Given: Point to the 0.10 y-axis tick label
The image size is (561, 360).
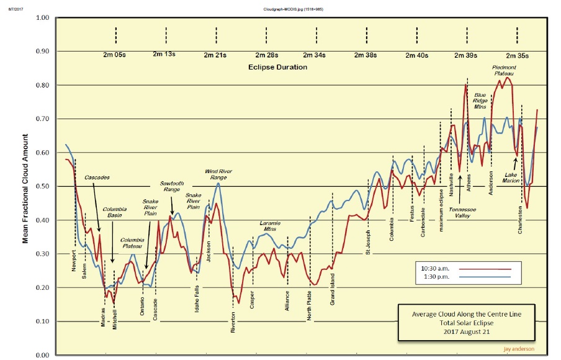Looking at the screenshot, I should (x=42, y=322).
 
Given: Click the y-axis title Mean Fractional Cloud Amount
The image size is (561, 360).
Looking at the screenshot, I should (x=25, y=186).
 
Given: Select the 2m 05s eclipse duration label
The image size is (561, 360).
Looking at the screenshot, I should (x=115, y=55).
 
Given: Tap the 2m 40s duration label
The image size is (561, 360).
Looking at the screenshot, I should (x=417, y=55).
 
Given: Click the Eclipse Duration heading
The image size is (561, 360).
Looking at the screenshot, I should (x=278, y=66).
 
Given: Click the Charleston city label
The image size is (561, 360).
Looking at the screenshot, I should (x=520, y=220).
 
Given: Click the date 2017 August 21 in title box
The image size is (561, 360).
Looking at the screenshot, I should (x=467, y=333).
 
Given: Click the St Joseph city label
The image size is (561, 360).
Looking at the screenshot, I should (x=367, y=244).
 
